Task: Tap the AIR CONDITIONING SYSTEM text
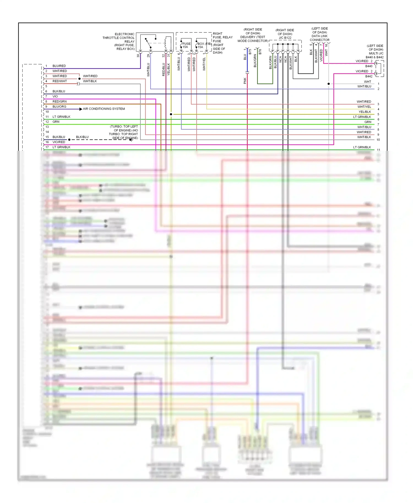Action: coord(104,109)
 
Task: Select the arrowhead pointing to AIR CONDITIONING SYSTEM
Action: coord(80,109)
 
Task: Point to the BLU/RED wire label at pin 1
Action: coord(59,66)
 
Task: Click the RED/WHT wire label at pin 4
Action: coord(59,81)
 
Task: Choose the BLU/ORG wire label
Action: coord(59,107)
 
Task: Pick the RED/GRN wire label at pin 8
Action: coord(59,102)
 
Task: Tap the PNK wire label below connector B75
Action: coord(245,81)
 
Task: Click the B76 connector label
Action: coord(260,51)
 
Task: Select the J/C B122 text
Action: coord(285,38)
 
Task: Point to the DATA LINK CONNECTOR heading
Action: coord(319,38)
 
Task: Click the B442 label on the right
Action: coord(369,76)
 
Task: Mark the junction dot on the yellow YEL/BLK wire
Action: coord(171,114)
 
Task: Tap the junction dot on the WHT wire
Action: coord(328,84)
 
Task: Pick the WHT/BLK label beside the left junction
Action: coord(90,81)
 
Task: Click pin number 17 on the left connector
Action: coord(47,147)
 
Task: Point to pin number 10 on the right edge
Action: coord(378,140)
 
